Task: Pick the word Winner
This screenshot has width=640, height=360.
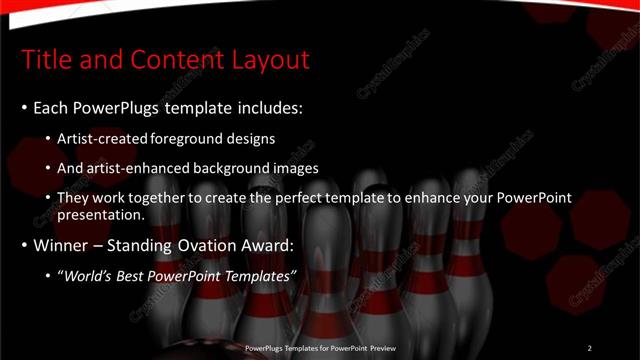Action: click(59, 245)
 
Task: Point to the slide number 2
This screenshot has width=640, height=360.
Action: click(589, 348)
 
